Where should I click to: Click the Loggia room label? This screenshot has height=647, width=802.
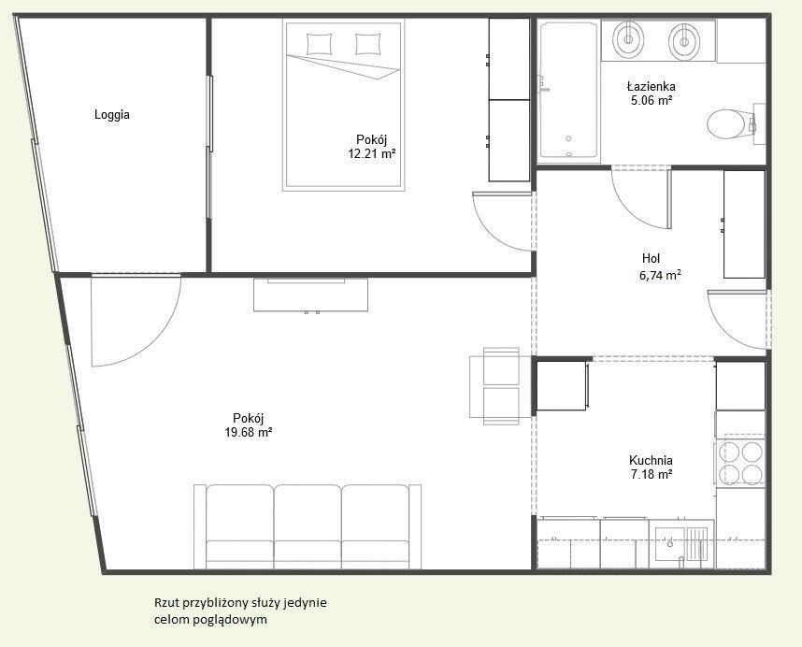111,115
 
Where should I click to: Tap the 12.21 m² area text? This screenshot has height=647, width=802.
371,153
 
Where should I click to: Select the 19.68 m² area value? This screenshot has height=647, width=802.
248,432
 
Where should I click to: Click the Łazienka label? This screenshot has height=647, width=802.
652,86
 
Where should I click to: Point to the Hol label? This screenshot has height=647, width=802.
652,258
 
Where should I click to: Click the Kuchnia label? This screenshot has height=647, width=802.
651,460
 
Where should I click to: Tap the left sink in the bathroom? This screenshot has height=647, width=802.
628,39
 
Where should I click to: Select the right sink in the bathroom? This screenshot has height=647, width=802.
684,40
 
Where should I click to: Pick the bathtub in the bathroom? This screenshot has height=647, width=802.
568,91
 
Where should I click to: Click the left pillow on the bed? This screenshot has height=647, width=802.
319,44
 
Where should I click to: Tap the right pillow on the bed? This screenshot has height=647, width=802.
367,44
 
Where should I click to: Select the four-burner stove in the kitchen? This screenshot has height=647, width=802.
740,463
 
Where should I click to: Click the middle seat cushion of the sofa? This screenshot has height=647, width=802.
308,526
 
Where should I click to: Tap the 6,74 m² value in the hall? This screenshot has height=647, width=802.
660,275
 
